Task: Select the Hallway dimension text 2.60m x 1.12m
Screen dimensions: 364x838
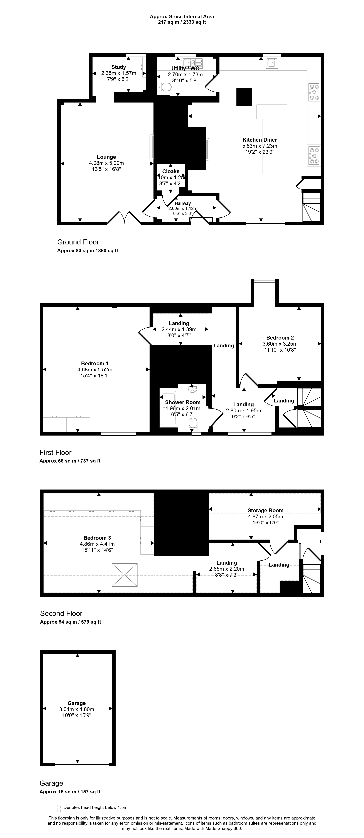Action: [182, 209]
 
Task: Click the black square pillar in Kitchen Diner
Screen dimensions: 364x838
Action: [244, 97]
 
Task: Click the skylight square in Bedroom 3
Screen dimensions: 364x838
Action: [125, 575]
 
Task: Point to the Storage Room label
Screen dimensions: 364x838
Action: [265, 510]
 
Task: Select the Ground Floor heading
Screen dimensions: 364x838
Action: [78, 242]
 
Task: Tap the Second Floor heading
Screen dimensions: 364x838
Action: [61, 614]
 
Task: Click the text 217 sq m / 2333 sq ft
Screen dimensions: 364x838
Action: [182, 22]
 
